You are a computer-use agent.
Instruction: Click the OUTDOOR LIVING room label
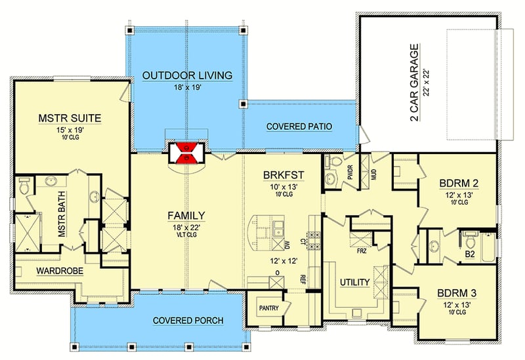(x=187, y=76)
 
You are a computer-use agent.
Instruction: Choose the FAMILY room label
(x=186, y=215)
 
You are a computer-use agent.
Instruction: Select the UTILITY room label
(x=354, y=282)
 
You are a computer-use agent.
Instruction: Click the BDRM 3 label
(x=456, y=293)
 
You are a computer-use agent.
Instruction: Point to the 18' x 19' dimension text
(x=187, y=88)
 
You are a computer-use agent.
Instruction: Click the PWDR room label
(x=350, y=173)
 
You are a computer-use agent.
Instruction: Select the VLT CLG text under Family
(x=186, y=233)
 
